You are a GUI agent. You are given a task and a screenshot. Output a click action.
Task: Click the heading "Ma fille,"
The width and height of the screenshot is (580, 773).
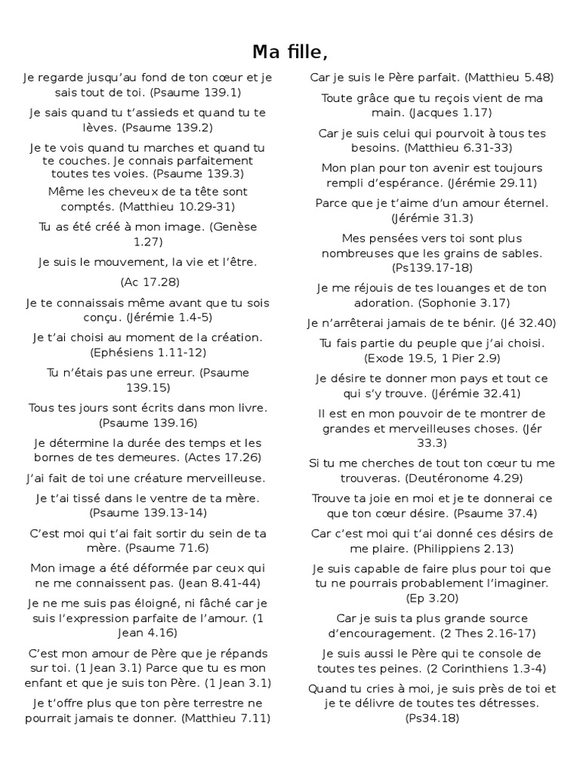(290, 51)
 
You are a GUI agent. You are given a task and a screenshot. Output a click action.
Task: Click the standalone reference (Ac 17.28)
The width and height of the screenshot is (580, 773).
(149, 282)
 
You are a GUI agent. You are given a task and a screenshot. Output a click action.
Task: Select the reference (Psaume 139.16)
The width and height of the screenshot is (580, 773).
(148, 423)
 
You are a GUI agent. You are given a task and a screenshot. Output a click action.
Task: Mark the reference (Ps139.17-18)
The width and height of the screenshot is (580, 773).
(431, 268)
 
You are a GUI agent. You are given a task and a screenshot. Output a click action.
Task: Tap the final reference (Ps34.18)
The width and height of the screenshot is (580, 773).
(431, 718)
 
